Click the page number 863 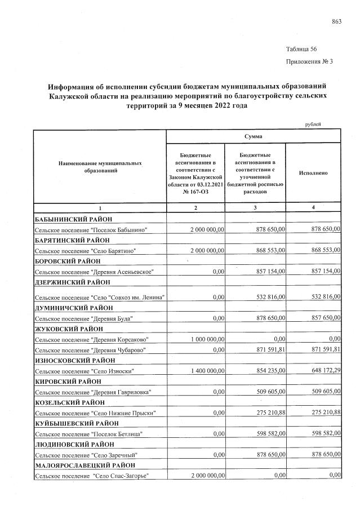coord(337,22)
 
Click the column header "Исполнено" coord(314,173)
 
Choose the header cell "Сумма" coord(253,136)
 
